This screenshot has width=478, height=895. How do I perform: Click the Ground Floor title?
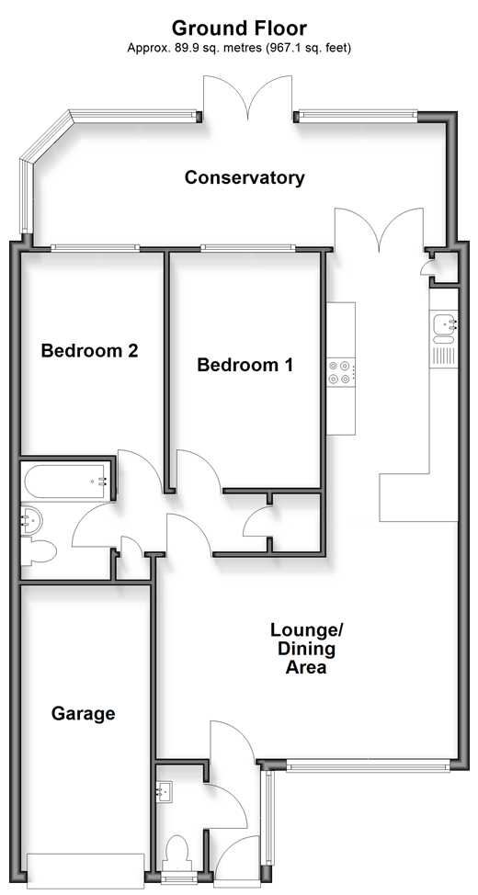239,28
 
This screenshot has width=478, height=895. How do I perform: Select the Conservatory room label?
245,177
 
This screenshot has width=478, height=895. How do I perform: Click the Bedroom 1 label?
245,365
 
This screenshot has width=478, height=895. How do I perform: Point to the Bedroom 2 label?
90,350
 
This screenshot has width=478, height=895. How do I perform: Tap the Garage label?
84,713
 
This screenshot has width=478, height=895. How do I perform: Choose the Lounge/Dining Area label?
306,649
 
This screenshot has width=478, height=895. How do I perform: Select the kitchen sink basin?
444,325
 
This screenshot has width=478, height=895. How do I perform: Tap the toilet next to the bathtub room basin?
39,552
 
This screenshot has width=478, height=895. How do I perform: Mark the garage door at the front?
85,870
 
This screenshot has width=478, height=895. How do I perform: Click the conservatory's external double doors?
248,97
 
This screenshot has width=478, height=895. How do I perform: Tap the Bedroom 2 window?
95,248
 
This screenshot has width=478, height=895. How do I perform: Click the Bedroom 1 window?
248,248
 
